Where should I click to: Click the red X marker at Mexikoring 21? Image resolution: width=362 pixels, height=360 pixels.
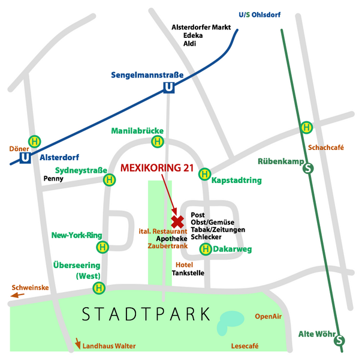point(177,221)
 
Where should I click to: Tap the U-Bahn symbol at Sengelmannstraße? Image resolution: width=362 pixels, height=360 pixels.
point(169,88)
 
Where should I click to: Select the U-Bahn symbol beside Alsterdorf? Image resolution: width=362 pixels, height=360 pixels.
point(25,158)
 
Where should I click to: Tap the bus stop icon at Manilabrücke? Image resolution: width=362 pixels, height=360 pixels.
point(158,142)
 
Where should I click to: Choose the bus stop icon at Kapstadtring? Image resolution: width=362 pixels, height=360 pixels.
point(204,175)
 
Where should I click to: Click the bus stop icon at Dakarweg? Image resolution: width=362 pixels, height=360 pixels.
point(206,249)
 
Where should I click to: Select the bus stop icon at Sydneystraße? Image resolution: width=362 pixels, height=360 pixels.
point(110,179)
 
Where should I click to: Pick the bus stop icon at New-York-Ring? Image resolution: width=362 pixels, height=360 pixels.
point(103,247)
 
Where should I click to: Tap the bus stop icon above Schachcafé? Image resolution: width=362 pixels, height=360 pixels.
point(307,127)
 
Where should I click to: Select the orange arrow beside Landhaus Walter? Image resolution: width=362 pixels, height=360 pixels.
point(77,344)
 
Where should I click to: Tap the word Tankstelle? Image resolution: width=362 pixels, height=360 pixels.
point(188,273)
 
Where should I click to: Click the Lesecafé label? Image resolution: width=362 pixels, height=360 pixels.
point(245,346)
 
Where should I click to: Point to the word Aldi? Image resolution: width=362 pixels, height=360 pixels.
point(190,44)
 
